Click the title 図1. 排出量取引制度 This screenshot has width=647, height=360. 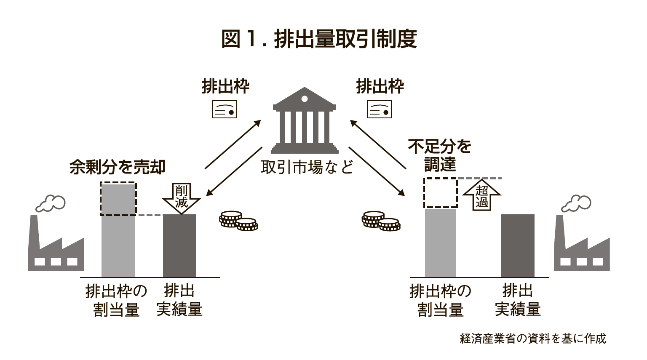[x=319, y=39]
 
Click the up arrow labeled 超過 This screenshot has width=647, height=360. [x=481, y=195]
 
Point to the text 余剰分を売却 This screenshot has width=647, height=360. [x=118, y=167]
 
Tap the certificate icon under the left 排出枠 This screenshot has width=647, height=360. [x=225, y=109]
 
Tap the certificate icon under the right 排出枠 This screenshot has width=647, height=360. [x=379, y=109]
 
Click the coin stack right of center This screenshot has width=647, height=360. [x=380, y=221]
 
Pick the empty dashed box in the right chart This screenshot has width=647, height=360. [x=440, y=193]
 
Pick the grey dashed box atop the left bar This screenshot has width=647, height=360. [x=118, y=199]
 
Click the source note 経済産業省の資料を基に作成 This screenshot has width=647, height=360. [x=533, y=339]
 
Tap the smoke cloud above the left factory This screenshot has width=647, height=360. [x=51, y=203]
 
